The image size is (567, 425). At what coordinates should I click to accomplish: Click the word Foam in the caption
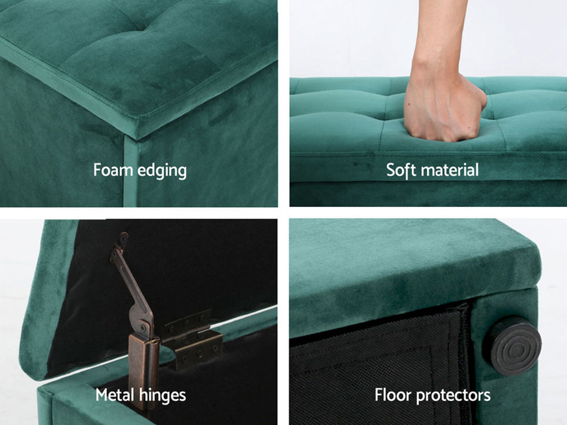point(112,169)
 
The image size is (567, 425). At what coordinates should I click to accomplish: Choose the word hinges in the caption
point(163,396)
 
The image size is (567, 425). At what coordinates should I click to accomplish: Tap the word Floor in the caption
point(393,395)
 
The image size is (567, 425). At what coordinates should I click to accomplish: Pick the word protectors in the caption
point(453,396)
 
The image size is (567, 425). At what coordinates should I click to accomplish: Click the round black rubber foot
point(513,346)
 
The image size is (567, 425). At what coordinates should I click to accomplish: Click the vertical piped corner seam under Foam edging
point(130,171)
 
